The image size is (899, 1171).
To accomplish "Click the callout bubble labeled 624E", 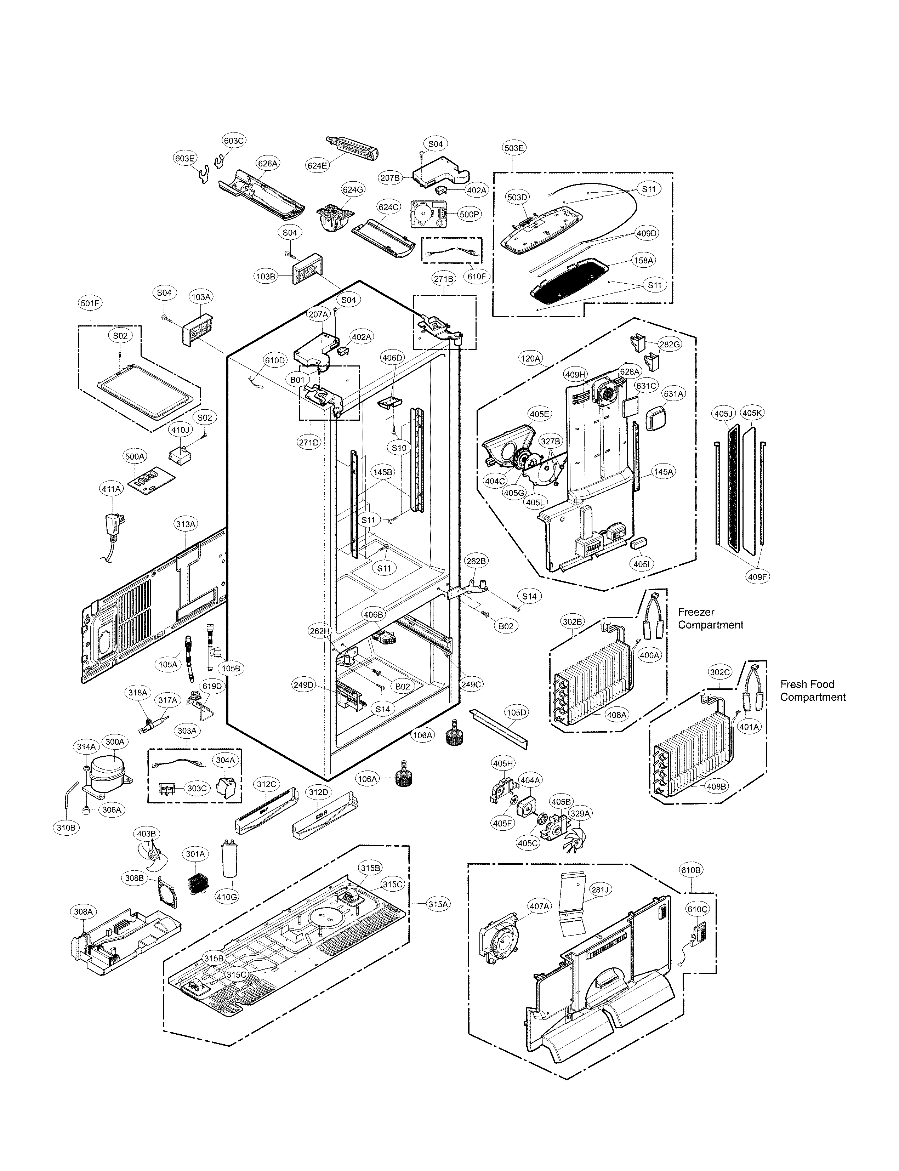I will [x=317, y=165].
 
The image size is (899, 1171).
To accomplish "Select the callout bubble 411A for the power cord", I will [x=111, y=489].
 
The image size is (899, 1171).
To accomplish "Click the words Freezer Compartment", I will [x=710, y=618].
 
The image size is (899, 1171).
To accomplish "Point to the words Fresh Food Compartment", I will [x=812, y=690].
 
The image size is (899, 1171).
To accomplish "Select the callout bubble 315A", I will [x=437, y=904].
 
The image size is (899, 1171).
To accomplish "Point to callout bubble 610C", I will [x=697, y=909].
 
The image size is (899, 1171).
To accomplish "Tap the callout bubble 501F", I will [x=90, y=303].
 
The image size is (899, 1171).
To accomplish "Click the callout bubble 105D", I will [x=516, y=712].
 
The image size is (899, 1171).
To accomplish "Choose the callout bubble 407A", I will [x=539, y=906].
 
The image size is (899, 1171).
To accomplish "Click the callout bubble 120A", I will [x=530, y=359].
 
